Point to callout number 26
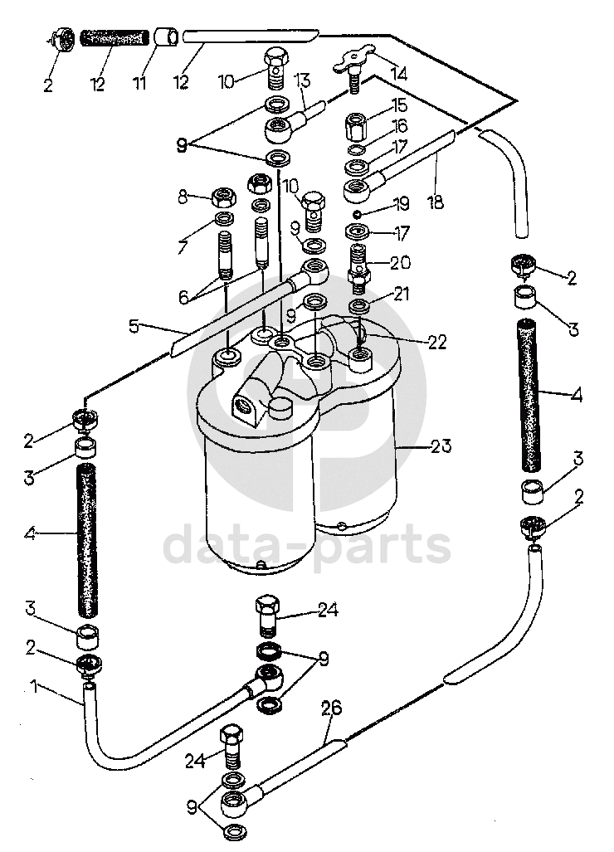(x=330, y=709)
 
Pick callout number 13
(x=301, y=80)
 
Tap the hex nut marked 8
(x=223, y=197)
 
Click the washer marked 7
(x=223, y=219)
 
